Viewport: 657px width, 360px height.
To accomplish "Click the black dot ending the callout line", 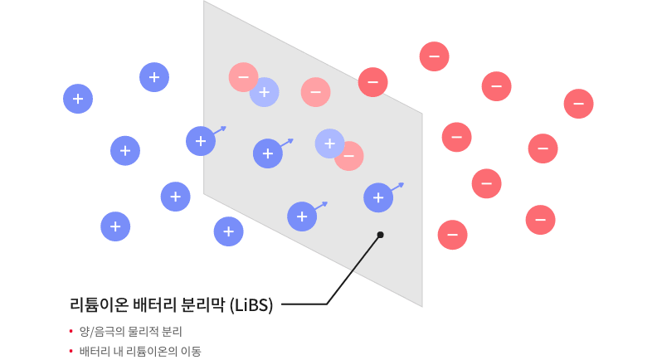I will tap(380, 235).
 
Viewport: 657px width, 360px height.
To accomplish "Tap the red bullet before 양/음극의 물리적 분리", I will tap(71, 331).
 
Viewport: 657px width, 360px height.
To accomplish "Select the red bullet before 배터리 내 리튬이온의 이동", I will tap(71, 351).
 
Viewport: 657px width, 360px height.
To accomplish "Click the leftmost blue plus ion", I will tap(78, 99).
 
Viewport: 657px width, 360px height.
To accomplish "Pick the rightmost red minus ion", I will tap(578, 104).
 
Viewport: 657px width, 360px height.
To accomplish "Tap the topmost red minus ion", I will tap(434, 56).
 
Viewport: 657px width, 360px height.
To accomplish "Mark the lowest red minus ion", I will tap(452, 235).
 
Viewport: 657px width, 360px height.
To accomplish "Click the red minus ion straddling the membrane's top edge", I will tap(372, 82).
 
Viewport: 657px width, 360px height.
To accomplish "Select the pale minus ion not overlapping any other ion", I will tap(315, 92).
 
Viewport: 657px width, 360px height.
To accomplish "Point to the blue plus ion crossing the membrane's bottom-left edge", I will tap(228, 231).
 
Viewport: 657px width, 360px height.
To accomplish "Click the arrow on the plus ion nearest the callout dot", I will tap(398, 187).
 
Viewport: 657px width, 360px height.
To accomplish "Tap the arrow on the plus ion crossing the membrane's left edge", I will tap(220, 130).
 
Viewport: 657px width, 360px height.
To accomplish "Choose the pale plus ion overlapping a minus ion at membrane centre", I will tap(329, 144).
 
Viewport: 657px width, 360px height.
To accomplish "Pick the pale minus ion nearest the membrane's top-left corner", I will tap(242, 76).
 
